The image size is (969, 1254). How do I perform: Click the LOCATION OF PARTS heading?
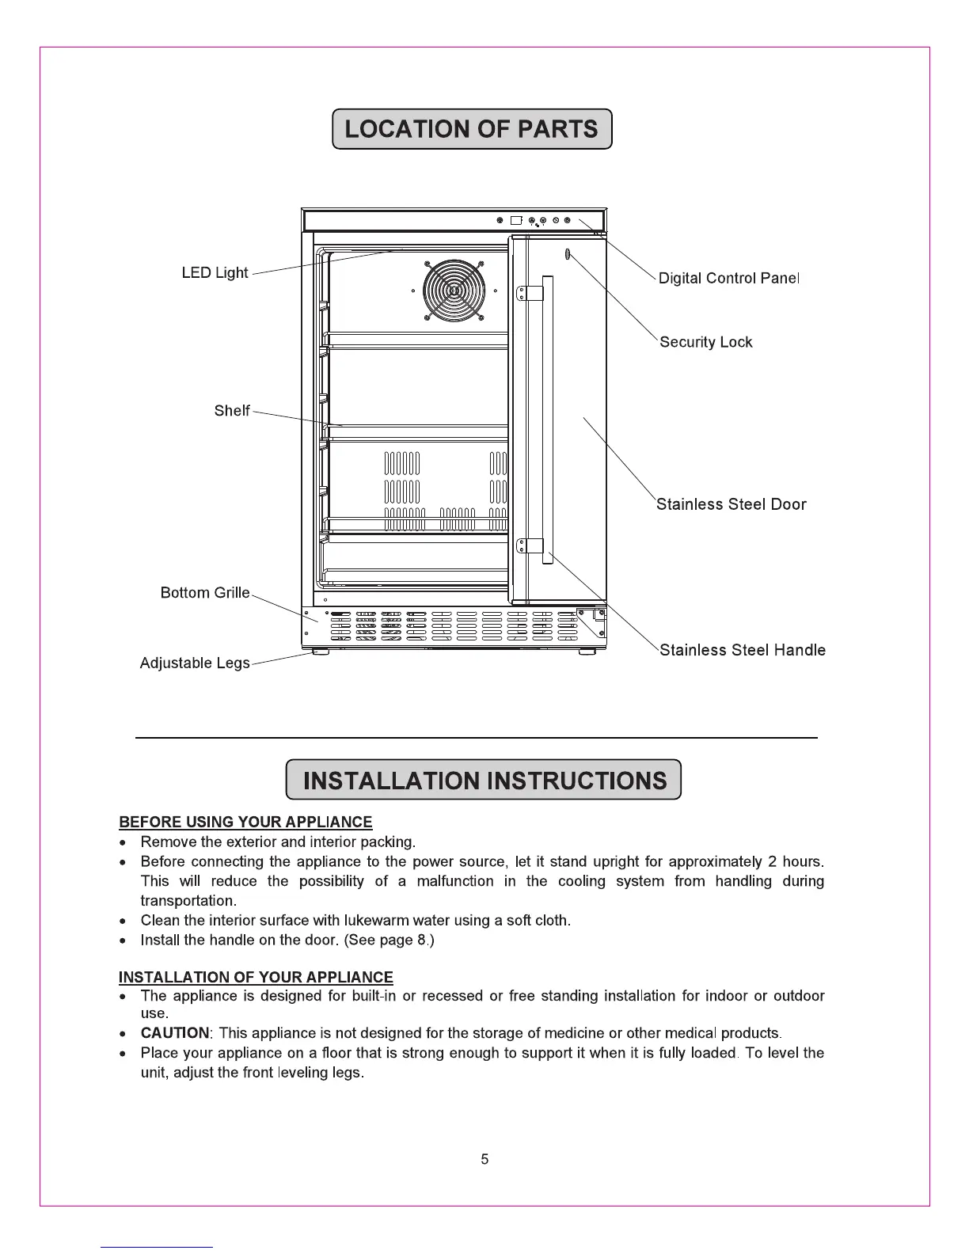coord(472,129)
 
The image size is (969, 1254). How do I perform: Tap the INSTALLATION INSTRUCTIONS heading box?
coord(483,781)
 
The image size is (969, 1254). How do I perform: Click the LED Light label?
coord(215,273)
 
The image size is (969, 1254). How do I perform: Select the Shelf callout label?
coord(231,411)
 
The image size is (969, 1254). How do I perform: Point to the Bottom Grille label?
coord(204,593)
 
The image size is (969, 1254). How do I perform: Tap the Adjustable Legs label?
coord(194,663)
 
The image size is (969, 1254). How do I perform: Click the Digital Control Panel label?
coord(729,279)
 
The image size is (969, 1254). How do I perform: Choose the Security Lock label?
coord(705,343)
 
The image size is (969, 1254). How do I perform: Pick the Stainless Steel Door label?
coord(731,505)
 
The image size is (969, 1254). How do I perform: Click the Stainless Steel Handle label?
coord(742,651)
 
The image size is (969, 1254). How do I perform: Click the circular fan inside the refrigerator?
coord(452,291)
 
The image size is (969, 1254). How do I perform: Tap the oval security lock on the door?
coord(568,254)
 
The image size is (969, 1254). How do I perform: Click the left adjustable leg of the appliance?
coord(320,652)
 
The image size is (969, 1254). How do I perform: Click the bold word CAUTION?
coord(175,1034)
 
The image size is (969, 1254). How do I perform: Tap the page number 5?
coord(484,1160)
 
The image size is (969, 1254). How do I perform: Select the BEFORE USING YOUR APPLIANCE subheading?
coord(245,823)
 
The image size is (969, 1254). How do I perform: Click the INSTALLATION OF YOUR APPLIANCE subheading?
coord(256,978)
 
